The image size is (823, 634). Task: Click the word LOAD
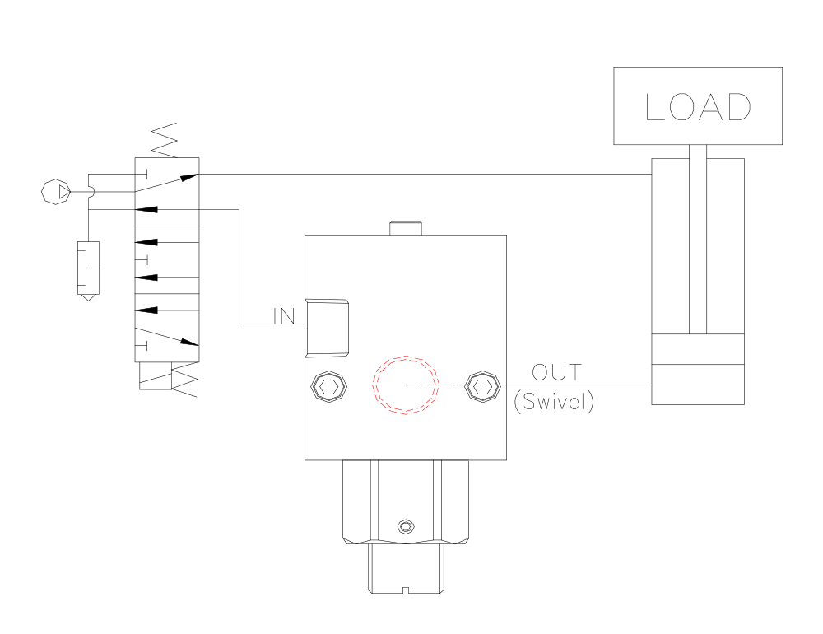click(x=698, y=107)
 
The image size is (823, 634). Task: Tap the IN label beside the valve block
click(x=285, y=316)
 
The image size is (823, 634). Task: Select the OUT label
click(x=556, y=372)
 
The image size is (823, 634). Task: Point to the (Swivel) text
click(x=553, y=403)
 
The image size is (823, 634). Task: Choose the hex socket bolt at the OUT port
click(x=481, y=385)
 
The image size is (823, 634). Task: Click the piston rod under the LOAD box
click(x=698, y=239)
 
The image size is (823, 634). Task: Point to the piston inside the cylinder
click(x=698, y=349)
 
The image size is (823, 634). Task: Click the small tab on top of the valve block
click(x=405, y=229)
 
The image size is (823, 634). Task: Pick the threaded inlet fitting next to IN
click(x=328, y=328)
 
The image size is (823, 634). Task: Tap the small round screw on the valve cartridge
click(x=404, y=526)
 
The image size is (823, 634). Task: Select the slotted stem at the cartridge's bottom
click(x=405, y=571)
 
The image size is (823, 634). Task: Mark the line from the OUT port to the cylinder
click(x=576, y=385)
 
